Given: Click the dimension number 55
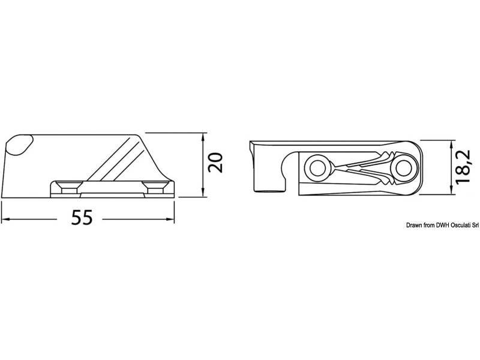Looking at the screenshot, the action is [82, 217].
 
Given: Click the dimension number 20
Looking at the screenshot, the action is [216, 163].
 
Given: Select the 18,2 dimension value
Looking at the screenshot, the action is [463, 167].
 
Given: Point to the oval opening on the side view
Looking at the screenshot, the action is [19, 145].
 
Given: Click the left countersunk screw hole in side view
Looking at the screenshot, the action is [69, 187].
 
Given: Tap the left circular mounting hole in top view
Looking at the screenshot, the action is [318, 167].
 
